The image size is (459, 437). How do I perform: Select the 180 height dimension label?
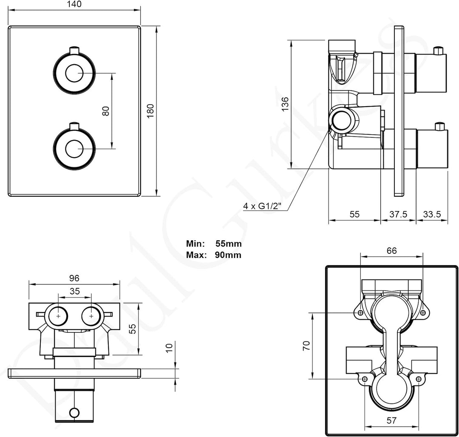click(150, 111)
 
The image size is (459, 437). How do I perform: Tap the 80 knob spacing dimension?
click(106, 111)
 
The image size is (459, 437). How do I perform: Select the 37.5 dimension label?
click(398, 214)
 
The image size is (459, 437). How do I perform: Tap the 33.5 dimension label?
click(431, 214)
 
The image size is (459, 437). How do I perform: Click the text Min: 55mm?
click(214, 244)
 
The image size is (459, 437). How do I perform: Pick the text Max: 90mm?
click(214, 255)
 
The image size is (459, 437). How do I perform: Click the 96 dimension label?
click(74, 278)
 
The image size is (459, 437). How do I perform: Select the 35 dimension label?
click(74, 291)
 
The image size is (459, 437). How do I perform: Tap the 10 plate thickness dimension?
click(170, 348)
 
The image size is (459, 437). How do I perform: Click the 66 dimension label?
click(391, 251)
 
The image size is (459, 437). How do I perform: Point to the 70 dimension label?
click(306, 345)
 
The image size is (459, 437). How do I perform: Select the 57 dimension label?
click(391, 421)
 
